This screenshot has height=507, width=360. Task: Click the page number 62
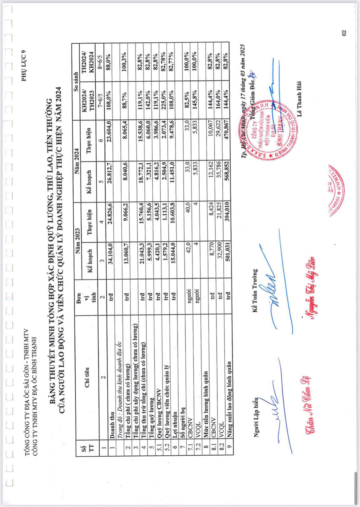(x=344, y=33)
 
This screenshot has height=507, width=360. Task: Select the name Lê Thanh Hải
(x=299, y=99)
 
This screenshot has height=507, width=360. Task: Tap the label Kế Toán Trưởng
(x=255, y=290)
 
